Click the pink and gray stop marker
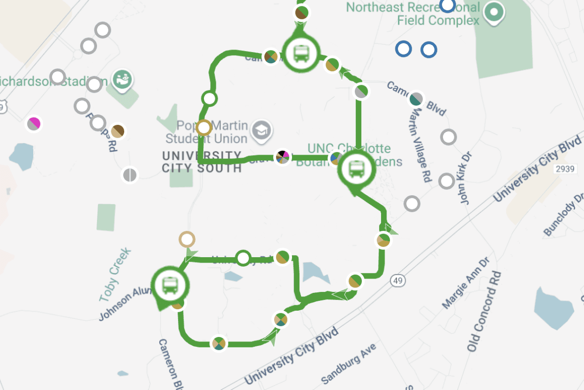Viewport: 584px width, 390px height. (34, 123)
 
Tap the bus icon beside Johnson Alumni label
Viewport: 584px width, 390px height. (170, 284)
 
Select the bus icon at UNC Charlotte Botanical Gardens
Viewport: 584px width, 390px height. (356, 169)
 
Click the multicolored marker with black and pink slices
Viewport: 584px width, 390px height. (283, 157)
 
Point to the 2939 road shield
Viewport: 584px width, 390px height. (564, 169)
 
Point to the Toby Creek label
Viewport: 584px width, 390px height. (115, 275)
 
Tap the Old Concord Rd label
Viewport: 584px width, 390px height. (484, 311)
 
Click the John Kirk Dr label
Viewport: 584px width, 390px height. (466, 178)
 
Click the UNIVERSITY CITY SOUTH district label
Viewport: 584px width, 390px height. (202, 162)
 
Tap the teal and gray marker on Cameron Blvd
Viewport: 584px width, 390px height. (417, 99)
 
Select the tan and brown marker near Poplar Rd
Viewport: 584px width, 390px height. (117, 131)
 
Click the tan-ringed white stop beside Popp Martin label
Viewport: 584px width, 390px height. (204, 128)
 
